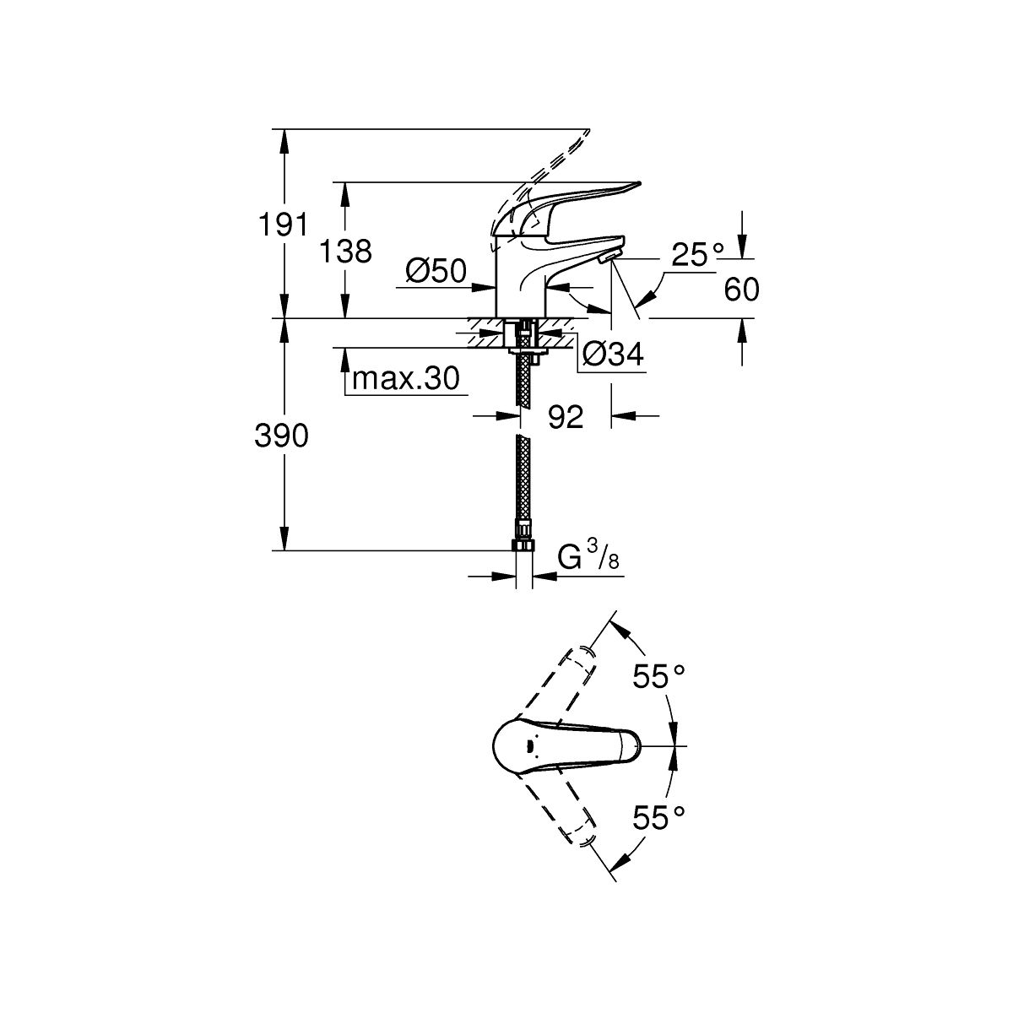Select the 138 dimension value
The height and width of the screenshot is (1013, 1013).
[x=345, y=251]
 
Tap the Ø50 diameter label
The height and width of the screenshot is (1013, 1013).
[x=436, y=270]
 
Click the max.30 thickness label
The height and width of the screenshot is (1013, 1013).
[x=406, y=379]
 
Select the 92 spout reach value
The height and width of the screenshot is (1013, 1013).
[x=566, y=416]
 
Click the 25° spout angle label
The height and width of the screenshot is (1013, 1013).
[x=698, y=254]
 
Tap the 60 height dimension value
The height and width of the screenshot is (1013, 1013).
[x=742, y=290]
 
